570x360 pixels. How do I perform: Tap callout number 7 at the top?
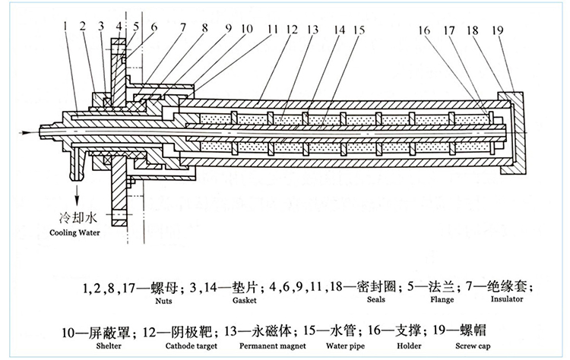pyautogui.click(x=182, y=29)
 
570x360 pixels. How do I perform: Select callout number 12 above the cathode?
pyautogui.click(x=291, y=29)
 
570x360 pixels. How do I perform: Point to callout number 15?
pyautogui.click(x=359, y=29)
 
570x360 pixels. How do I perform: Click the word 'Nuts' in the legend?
pyautogui.click(x=160, y=302)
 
